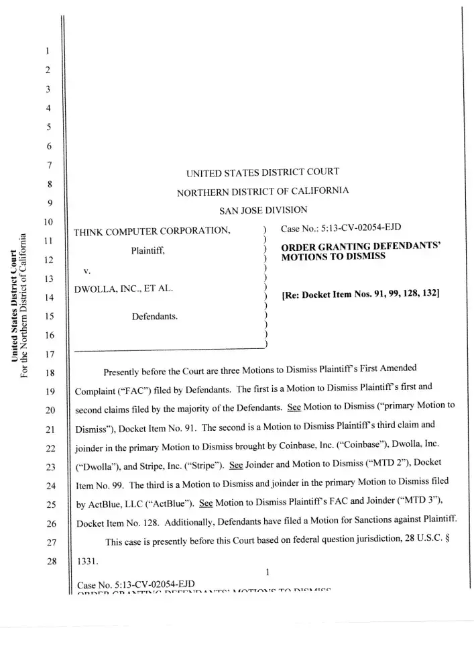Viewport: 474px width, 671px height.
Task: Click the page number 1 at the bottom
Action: pyautogui.click(x=266, y=571)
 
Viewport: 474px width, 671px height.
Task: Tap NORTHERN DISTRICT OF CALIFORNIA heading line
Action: pyautogui.click(x=262, y=191)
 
